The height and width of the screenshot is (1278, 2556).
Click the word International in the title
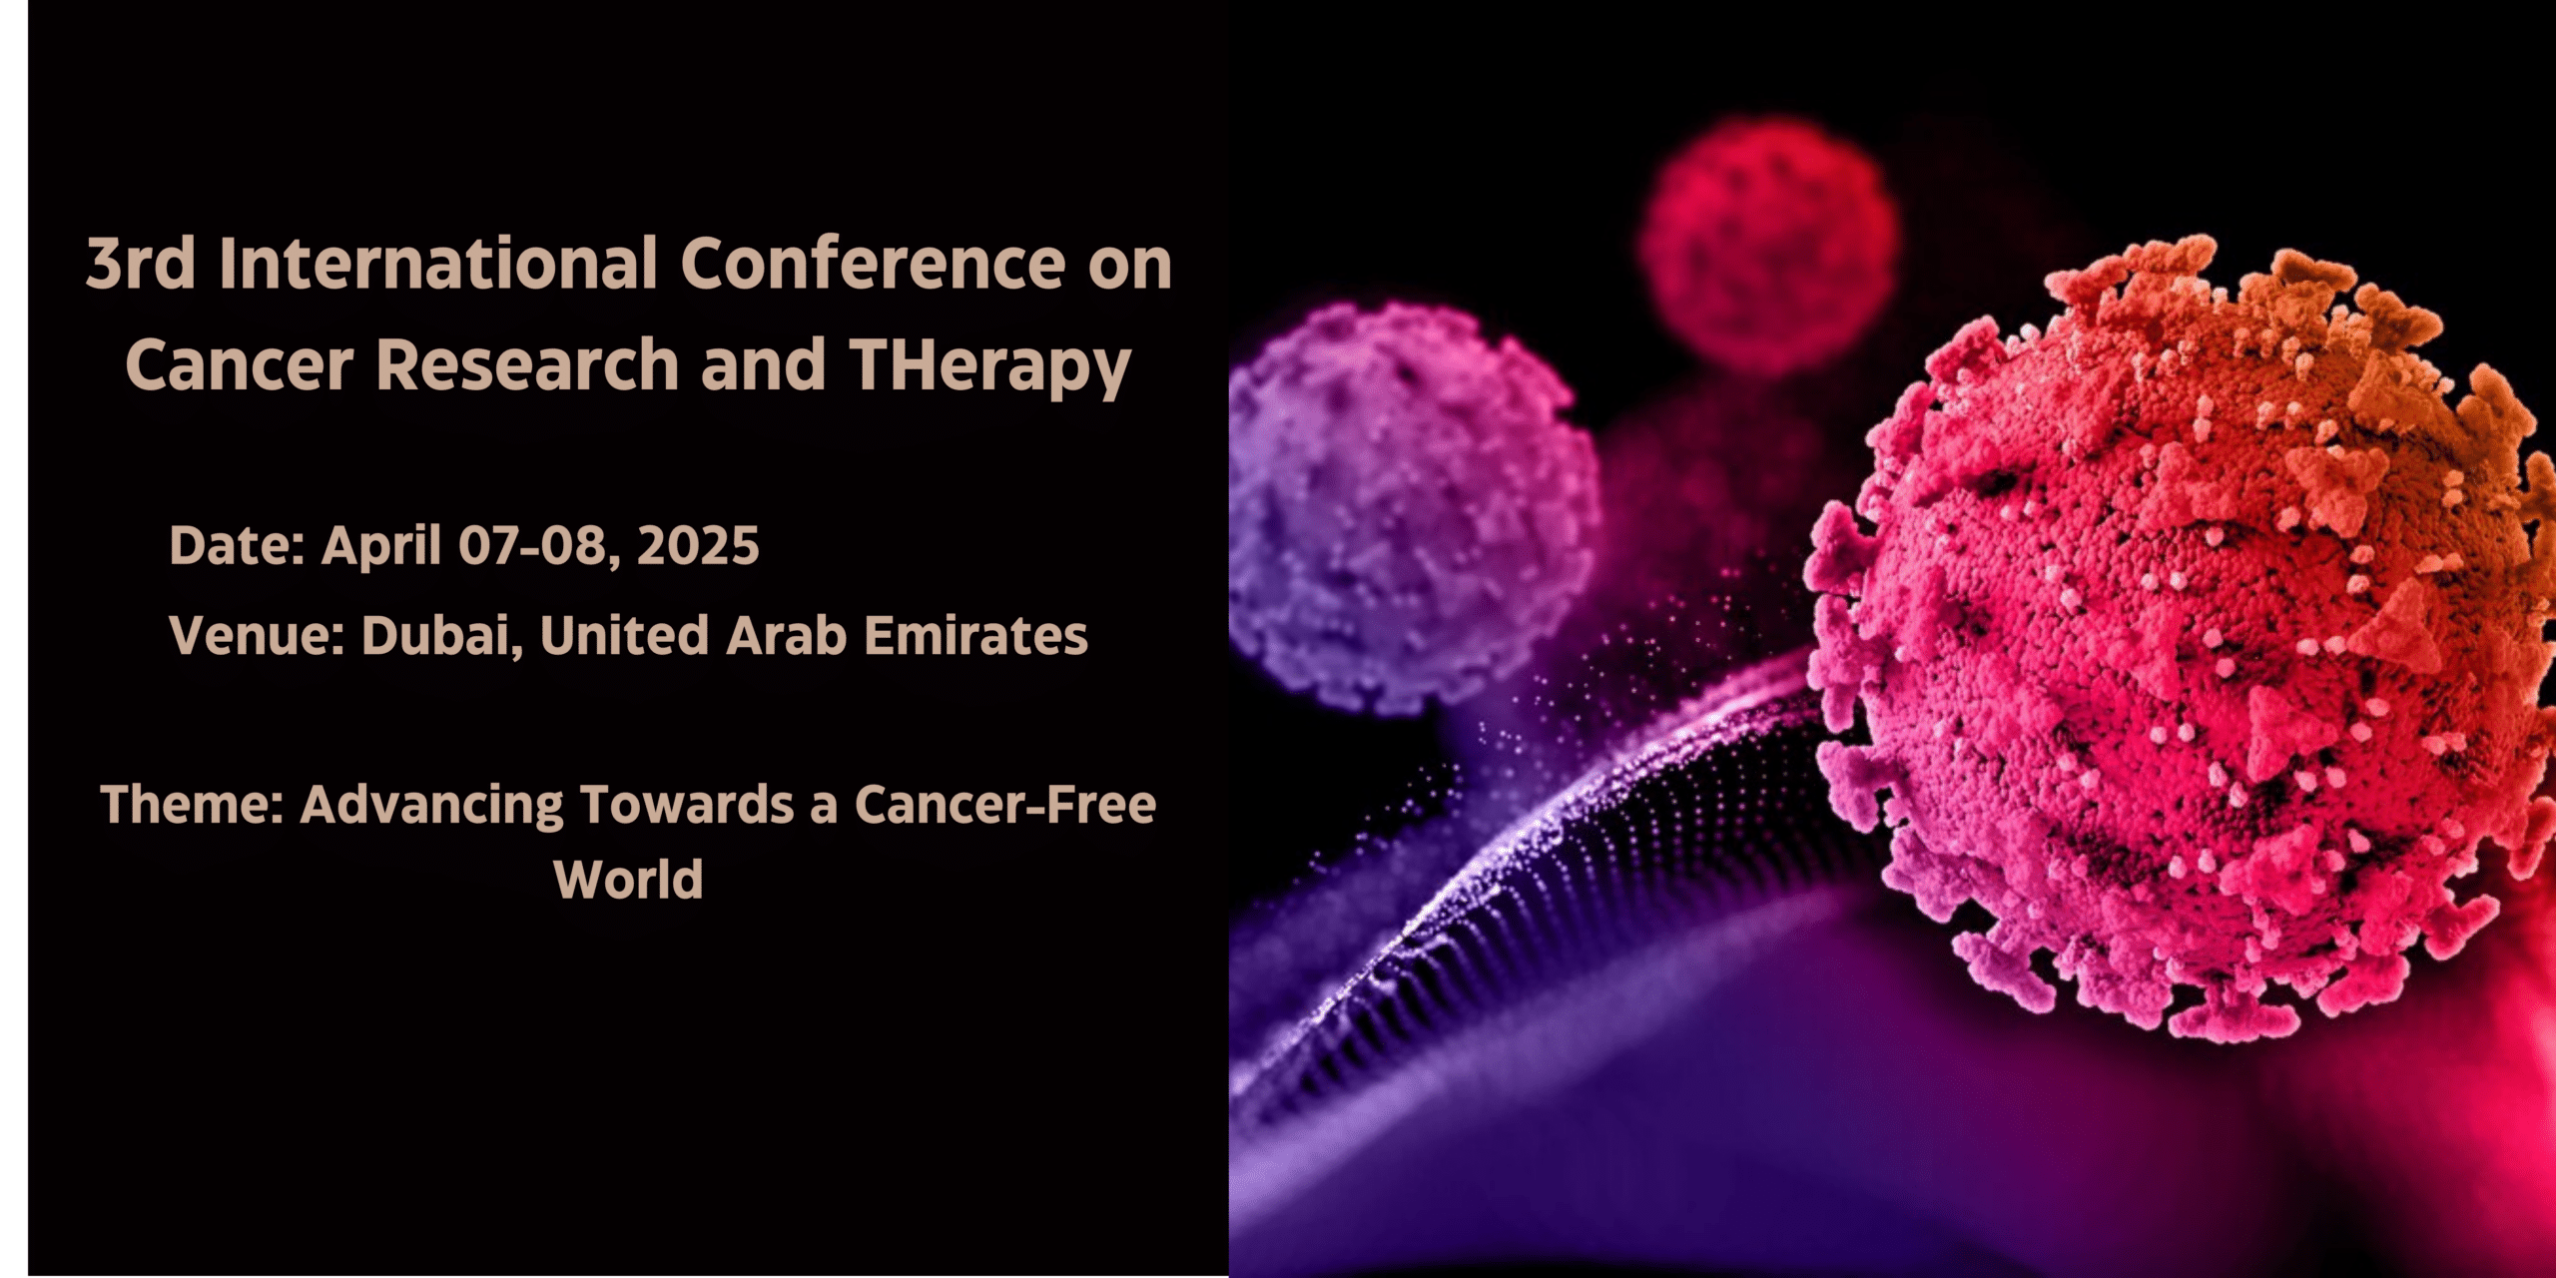pos(438,265)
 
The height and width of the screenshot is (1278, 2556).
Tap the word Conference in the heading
pos(873,265)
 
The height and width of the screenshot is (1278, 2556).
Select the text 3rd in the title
pos(140,265)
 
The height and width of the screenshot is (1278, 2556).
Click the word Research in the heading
pos(527,365)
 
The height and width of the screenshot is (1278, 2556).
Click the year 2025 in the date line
pos(698,546)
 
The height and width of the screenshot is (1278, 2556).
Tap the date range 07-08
pos(531,546)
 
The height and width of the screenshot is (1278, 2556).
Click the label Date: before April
pos(237,546)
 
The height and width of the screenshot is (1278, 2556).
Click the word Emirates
pos(975,636)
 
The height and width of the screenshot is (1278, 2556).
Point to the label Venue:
pos(257,636)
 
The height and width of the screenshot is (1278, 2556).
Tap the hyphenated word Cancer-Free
pos(1004,805)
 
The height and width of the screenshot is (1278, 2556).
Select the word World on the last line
pos(628,880)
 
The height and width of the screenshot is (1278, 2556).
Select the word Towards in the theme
pos(687,805)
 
